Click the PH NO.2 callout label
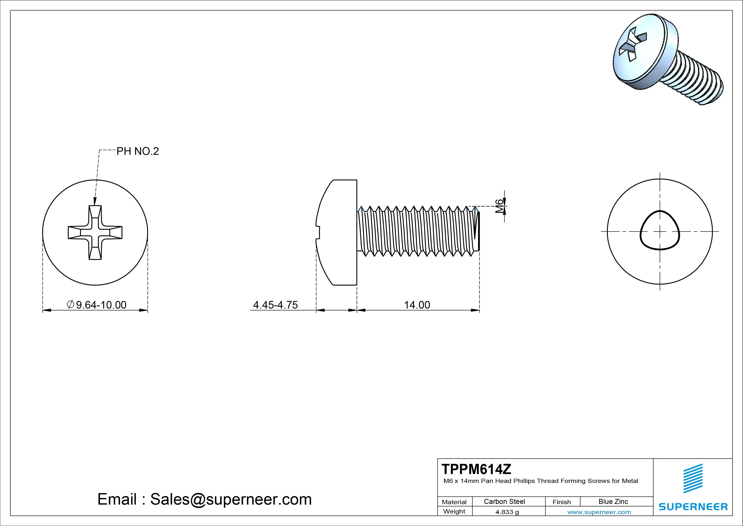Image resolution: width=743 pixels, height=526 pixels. (137, 151)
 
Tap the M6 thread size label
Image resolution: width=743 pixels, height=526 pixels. (500, 206)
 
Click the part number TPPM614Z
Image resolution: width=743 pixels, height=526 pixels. (476, 469)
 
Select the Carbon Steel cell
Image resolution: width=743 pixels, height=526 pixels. (504, 501)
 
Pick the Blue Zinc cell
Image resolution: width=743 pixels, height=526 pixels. (613, 501)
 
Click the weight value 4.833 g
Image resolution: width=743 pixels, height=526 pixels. (507, 512)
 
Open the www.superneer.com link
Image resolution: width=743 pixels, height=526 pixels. (599, 512)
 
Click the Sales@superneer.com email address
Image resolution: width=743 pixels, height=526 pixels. (231, 499)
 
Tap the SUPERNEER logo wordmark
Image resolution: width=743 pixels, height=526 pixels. (693, 506)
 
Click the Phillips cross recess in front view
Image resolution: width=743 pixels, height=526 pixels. (95, 232)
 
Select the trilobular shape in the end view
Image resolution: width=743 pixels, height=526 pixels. (660, 230)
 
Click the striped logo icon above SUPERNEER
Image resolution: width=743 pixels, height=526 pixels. (693, 478)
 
